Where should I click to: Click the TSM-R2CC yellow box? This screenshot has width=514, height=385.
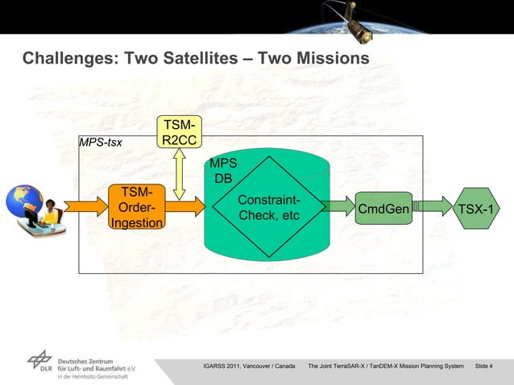point(178,134)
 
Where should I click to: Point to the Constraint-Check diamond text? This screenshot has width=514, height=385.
point(269,208)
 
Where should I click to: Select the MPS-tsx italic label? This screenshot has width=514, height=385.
point(101,143)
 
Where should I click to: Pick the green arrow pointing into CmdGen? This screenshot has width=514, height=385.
point(339,208)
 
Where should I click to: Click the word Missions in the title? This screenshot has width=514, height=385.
point(333,59)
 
